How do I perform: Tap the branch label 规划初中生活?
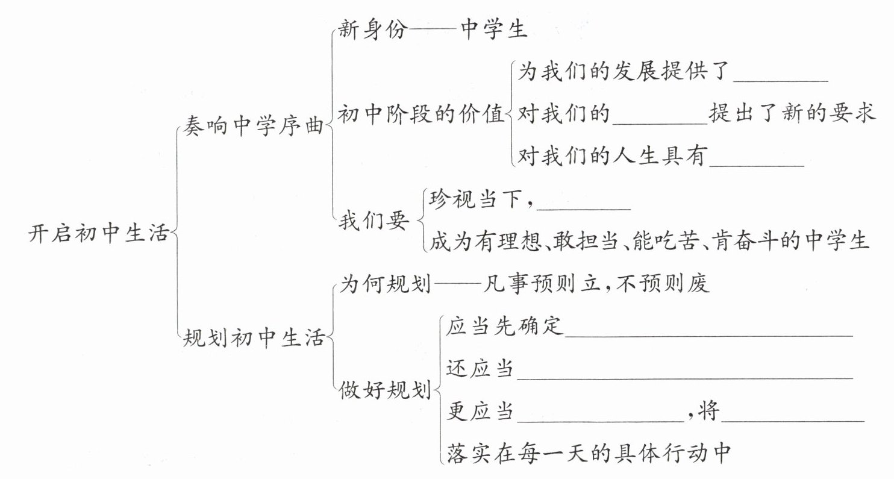[x=253, y=339]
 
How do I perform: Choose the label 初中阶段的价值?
[x=420, y=114]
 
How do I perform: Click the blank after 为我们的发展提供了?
[x=782, y=75]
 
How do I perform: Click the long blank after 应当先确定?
[x=708, y=328]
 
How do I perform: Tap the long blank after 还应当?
[x=684, y=371]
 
